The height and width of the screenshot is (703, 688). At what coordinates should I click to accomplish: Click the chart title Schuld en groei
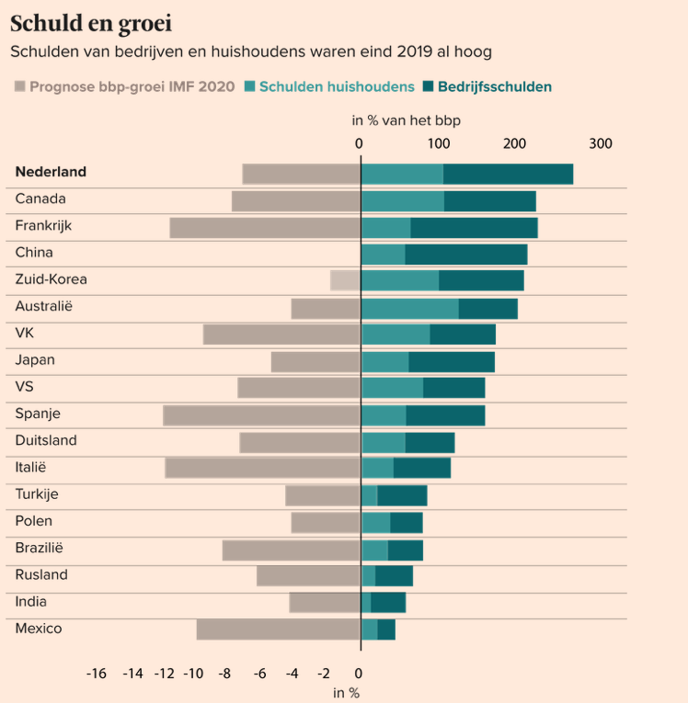point(91,23)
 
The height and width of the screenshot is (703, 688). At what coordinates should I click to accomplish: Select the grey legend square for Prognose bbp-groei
point(19,86)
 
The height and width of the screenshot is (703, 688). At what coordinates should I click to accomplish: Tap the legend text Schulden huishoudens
point(337,86)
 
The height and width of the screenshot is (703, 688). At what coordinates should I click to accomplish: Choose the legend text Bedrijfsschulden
point(495,86)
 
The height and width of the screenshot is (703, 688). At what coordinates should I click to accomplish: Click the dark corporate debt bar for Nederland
point(508,174)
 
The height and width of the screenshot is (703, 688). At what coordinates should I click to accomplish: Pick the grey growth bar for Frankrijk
point(265,228)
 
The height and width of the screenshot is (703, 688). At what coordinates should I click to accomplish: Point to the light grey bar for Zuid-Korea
point(346,280)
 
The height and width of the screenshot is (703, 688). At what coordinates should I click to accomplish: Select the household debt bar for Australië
point(410,309)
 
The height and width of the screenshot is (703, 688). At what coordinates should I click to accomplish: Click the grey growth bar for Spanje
point(262,415)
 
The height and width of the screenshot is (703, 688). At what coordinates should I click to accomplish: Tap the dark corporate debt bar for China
point(466,255)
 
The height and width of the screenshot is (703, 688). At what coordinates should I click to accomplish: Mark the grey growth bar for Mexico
point(279,629)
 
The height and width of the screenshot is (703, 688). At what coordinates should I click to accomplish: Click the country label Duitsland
point(46,440)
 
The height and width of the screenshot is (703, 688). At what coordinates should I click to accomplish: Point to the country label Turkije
point(37,494)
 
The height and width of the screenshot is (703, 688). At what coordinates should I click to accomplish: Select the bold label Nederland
point(51,172)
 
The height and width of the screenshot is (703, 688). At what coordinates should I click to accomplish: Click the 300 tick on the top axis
point(601,143)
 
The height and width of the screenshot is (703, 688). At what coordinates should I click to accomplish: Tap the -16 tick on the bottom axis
point(96,674)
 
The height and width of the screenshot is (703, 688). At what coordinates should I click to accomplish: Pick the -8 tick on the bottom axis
point(224,674)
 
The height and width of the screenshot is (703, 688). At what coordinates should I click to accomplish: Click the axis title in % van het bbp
point(407,120)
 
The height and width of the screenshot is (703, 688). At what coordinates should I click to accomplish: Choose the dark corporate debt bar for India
point(388,603)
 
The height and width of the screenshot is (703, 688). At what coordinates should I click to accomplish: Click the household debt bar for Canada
point(403,201)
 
